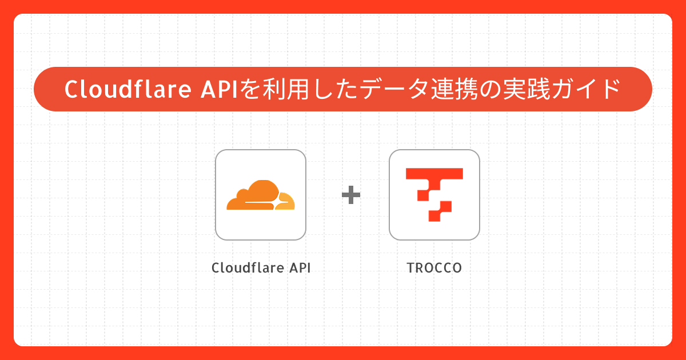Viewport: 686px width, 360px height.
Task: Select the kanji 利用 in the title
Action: tap(277, 89)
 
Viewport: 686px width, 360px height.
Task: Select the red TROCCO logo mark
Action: tap(434, 194)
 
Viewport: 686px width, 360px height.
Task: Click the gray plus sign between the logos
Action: tap(351, 195)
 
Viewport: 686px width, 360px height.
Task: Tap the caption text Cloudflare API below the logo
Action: tap(261, 268)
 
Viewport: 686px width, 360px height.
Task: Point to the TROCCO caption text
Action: tap(434, 268)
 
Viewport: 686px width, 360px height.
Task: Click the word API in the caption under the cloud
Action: tap(300, 268)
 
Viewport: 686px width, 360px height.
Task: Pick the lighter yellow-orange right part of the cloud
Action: tap(286, 201)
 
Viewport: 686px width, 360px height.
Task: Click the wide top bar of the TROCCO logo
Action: tap(434, 173)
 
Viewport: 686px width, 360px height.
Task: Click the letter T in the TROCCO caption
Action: tap(410, 268)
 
